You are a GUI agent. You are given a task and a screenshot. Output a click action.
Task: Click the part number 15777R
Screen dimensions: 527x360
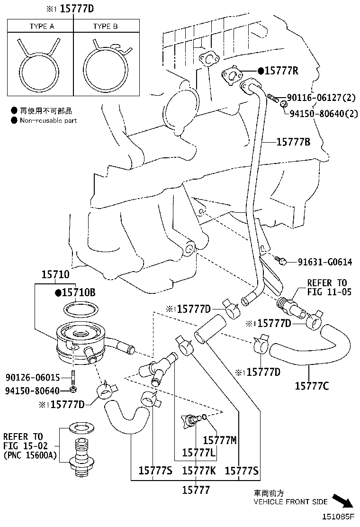pyautogui.click(x=281, y=71)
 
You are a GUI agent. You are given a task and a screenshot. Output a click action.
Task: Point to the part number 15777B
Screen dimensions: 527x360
pyautogui.click(x=293, y=141)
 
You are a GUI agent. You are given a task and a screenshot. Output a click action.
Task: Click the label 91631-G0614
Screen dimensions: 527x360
pyautogui.click(x=325, y=262)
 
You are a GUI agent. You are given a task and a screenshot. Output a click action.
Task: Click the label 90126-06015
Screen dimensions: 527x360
pyautogui.click(x=33, y=377)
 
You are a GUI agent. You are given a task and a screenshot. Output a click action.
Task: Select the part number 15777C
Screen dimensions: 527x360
pyautogui.click(x=312, y=386)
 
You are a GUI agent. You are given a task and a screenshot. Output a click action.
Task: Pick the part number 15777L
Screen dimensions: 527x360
pyautogui.click(x=199, y=453)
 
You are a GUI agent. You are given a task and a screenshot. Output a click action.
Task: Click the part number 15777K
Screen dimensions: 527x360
pyautogui.click(x=199, y=471)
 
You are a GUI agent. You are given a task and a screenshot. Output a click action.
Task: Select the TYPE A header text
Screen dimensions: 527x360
pyautogui.click(x=41, y=27)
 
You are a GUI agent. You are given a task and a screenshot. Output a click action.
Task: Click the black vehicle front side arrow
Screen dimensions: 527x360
pyautogui.click(x=342, y=500)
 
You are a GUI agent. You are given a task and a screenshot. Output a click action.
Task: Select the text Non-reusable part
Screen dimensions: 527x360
pyautogui.click(x=48, y=120)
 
